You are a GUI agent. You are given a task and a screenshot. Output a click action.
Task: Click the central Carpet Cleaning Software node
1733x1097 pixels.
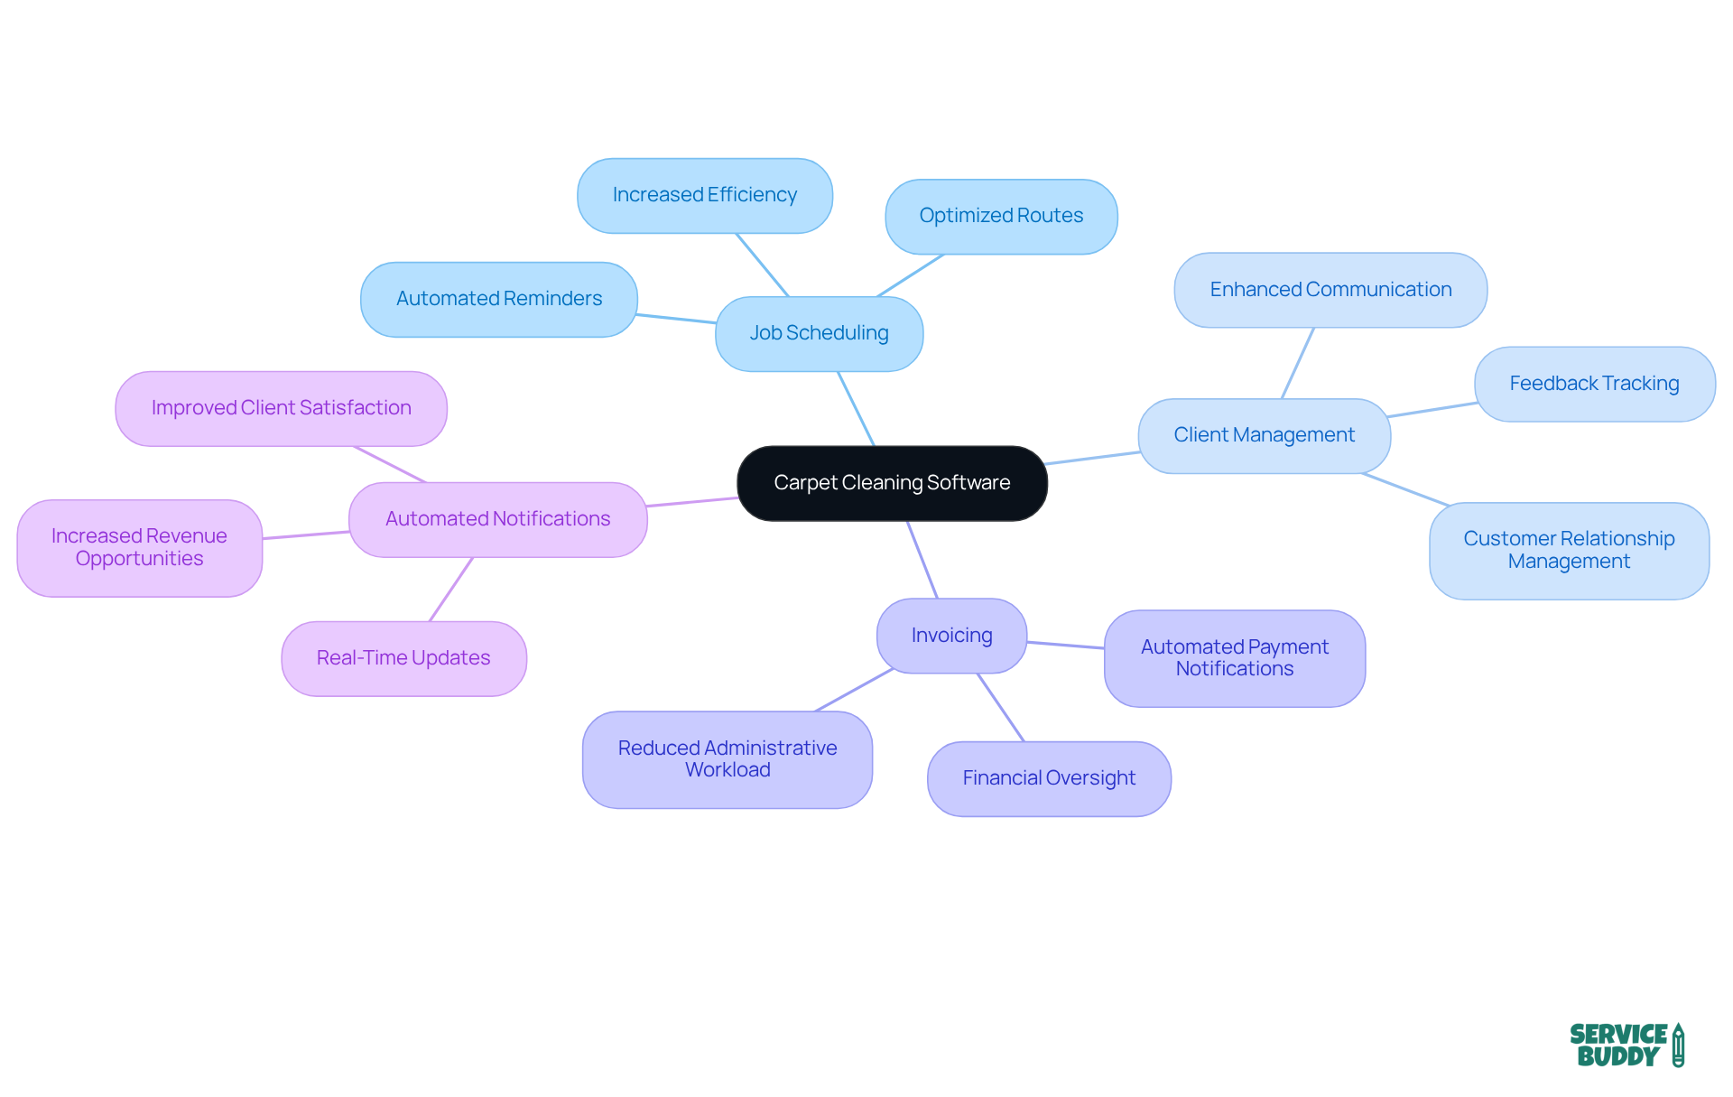(892, 483)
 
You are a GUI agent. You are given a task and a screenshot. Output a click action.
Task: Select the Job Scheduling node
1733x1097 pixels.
(819, 333)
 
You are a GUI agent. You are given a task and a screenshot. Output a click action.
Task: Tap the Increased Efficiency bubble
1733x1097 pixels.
(704, 195)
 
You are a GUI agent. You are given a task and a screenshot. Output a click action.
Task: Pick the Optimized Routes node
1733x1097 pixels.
(1001, 216)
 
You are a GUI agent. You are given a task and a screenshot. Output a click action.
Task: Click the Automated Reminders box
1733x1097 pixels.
(498, 299)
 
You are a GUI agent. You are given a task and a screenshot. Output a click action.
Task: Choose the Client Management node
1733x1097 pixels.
(1264, 435)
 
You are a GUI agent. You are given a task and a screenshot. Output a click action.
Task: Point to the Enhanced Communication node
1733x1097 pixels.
(1330, 290)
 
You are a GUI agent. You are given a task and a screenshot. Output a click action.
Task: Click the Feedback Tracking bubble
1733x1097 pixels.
(1594, 384)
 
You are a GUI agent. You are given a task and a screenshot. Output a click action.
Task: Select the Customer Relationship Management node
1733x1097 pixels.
(1569, 550)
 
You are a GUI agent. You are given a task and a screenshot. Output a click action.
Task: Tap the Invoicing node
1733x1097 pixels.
(951, 636)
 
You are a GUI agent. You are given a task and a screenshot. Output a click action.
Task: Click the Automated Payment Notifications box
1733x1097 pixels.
(1234, 658)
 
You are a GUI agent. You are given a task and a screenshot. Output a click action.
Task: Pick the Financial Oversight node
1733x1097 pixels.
(1049, 778)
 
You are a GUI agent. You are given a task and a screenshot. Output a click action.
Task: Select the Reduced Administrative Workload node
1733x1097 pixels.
(727, 759)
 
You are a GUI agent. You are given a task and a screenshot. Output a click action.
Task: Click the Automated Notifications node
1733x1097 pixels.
(497, 519)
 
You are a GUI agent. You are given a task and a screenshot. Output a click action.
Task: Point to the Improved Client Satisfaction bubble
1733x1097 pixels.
(281, 408)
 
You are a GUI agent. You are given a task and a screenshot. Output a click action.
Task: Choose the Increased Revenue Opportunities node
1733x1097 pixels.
(139, 547)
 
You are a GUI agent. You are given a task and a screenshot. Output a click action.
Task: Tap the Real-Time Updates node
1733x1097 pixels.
(403, 658)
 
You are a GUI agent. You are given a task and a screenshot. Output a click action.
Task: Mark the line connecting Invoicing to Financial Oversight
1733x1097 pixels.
(1001, 708)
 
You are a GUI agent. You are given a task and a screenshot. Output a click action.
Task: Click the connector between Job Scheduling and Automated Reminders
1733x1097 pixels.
(676, 318)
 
